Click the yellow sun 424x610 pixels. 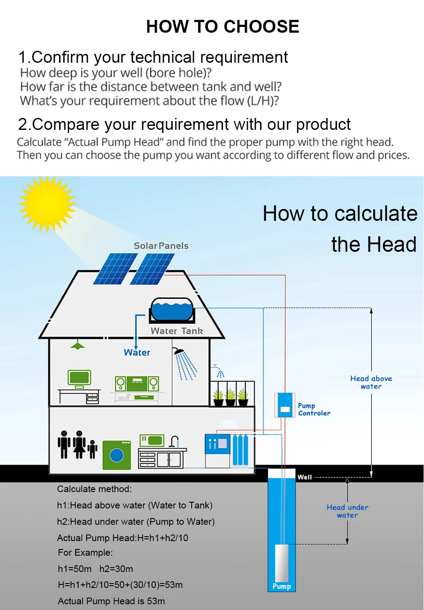[x=47, y=204]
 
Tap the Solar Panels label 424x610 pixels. [x=161, y=246]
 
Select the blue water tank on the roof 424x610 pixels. [x=172, y=310]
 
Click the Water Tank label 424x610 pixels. [x=177, y=331]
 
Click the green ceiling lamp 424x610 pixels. [x=78, y=344]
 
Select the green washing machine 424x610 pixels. [x=117, y=455]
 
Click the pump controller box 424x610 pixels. [x=284, y=405]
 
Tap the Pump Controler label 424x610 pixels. [x=314, y=409]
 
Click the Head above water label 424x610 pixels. [x=371, y=382]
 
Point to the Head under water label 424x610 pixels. [x=347, y=511]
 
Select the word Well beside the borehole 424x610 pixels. [x=304, y=477]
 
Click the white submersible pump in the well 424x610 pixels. [x=281, y=563]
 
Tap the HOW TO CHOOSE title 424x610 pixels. [x=223, y=27]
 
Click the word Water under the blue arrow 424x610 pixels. [x=137, y=352]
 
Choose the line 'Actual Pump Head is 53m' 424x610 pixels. [x=111, y=601]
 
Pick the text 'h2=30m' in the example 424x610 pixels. [x=116, y=569]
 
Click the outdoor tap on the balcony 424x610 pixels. [x=216, y=367]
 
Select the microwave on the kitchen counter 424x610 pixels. [x=151, y=440]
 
